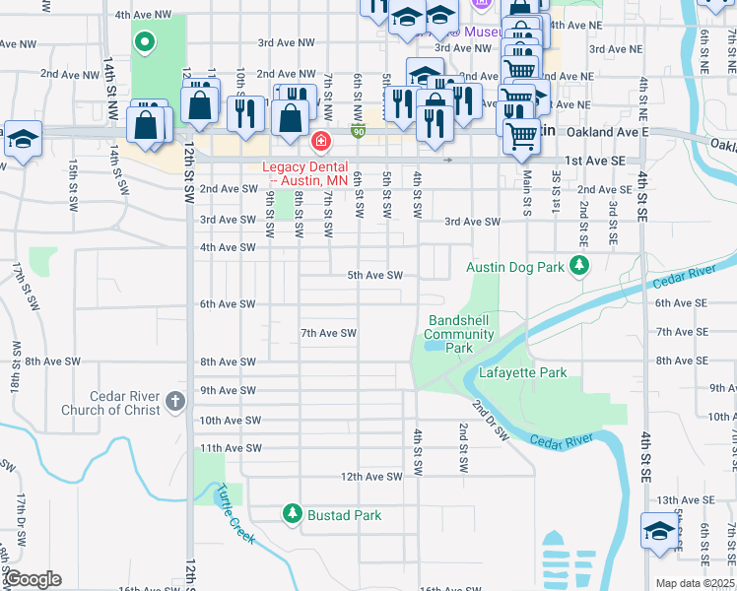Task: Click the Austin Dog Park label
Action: (x=514, y=267)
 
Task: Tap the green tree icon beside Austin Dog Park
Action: (x=579, y=265)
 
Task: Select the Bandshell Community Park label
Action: (x=460, y=334)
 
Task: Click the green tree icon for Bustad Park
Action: (x=293, y=513)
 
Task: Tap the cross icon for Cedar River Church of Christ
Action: (x=174, y=401)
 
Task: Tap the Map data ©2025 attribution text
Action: (x=695, y=583)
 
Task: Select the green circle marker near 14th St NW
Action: (x=145, y=42)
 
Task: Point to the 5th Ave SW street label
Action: (x=375, y=276)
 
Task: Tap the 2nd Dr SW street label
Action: (x=490, y=421)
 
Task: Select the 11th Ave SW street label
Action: (x=230, y=448)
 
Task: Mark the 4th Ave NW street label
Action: (x=144, y=16)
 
